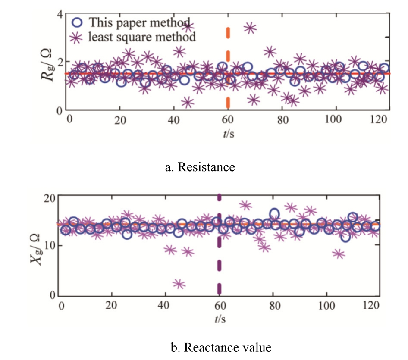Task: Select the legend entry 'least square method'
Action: tap(142, 37)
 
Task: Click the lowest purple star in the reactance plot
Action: tap(179, 284)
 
